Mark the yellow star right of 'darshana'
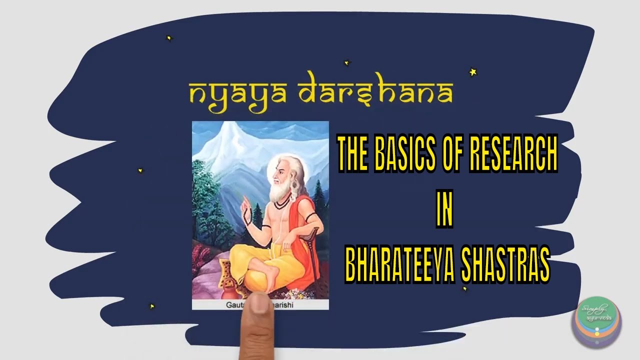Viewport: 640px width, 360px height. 472,72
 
